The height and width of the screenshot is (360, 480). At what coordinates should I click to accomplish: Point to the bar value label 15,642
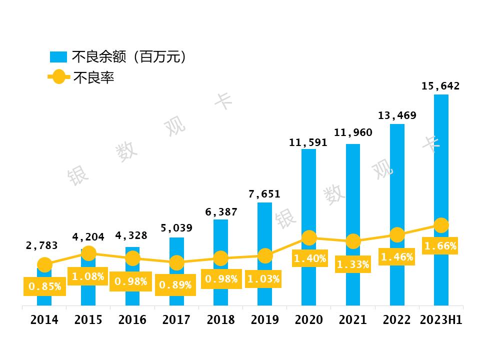click(x=440, y=86)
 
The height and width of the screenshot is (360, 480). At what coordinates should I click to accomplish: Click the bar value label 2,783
click(x=42, y=245)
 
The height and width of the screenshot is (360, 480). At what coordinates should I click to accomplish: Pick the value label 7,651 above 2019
click(x=264, y=194)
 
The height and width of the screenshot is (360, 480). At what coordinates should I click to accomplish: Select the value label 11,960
click(x=353, y=132)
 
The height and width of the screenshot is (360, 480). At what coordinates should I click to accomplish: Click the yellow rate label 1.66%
click(x=440, y=246)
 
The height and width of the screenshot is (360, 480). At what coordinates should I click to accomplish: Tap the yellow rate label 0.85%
click(x=44, y=286)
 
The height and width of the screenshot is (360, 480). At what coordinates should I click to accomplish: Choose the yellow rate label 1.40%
click(x=309, y=258)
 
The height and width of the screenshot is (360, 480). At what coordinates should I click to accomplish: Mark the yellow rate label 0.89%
click(x=175, y=285)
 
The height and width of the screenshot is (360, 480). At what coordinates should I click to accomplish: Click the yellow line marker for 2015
click(x=88, y=253)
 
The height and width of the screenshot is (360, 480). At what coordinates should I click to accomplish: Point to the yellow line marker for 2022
click(x=397, y=234)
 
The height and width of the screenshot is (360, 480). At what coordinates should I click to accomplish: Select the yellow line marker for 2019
click(x=265, y=255)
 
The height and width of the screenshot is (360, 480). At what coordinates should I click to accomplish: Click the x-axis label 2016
click(x=132, y=320)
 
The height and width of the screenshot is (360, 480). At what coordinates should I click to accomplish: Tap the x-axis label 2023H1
click(x=441, y=320)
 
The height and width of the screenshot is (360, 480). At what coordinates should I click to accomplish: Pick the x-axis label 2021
click(x=353, y=320)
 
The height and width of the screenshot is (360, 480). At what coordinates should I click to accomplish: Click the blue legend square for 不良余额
click(x=58, y=57)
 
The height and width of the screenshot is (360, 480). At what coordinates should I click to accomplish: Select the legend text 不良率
click(x=94, y=77)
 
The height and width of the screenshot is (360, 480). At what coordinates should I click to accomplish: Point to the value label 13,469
click(x=397, y=116)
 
